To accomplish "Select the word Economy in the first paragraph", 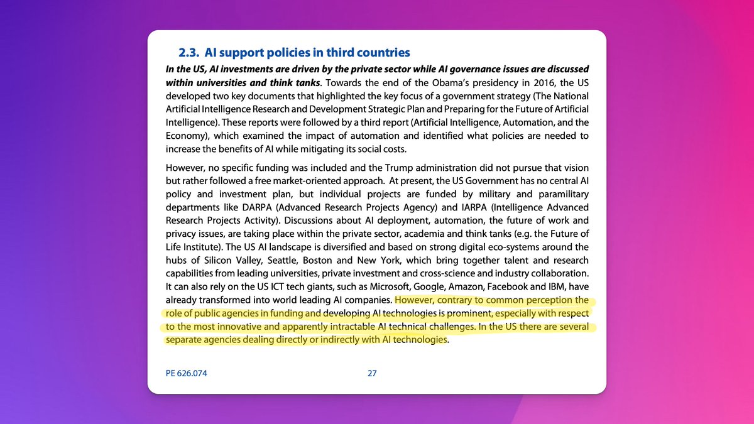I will pyautogui.click(x=187, y=136).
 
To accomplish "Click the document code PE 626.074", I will pyautogui.click(x=187, y=373).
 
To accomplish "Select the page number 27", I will pyautogui.click(x=372, y=373).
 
